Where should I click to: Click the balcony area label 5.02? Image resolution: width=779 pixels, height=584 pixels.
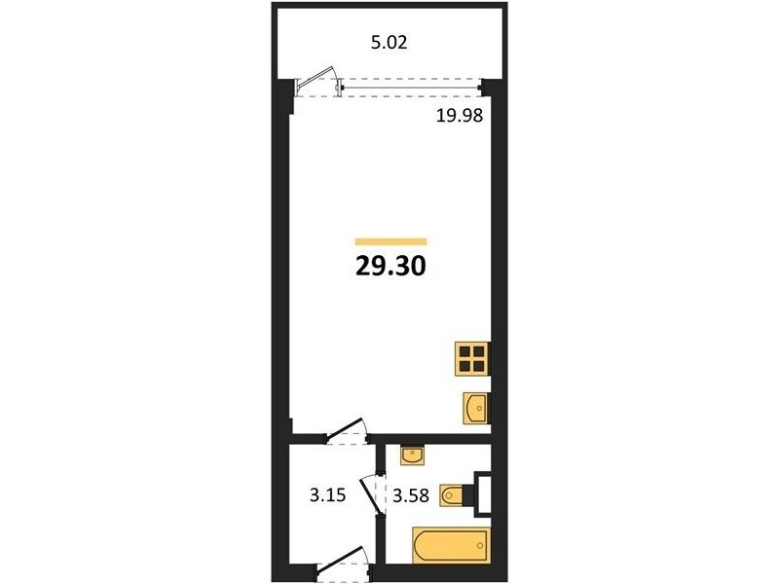pyautogui.click(x=389, y=42)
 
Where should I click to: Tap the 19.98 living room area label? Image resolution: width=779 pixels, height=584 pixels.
pyautogui.click(x=460, y=116)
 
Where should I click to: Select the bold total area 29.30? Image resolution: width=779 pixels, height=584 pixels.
pyautogui.click(x=391, y=266)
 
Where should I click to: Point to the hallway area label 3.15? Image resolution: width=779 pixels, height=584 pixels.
pyautogui.click(x=327, y=495)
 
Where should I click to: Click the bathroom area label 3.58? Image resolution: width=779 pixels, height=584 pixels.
pyautogui.click(x=410, y=495)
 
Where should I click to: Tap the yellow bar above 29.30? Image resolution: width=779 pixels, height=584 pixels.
pyautogui.click(x=391, y=241)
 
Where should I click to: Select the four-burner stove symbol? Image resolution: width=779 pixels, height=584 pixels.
pyautogui.click(x=472, y=358)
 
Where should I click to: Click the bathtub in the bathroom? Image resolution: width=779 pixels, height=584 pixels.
pyautogui.click(x=451, y=546)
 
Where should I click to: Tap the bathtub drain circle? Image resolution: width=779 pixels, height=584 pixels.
pyautogui.click(x=480, y=546)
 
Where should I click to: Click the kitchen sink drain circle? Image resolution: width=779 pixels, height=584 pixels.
pyautogui.click(x=479, y=408)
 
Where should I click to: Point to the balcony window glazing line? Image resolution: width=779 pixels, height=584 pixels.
pyautogui.click(x=411, y=89)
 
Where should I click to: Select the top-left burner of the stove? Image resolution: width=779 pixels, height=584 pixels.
pyautogui.click(x=465, y=351)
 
